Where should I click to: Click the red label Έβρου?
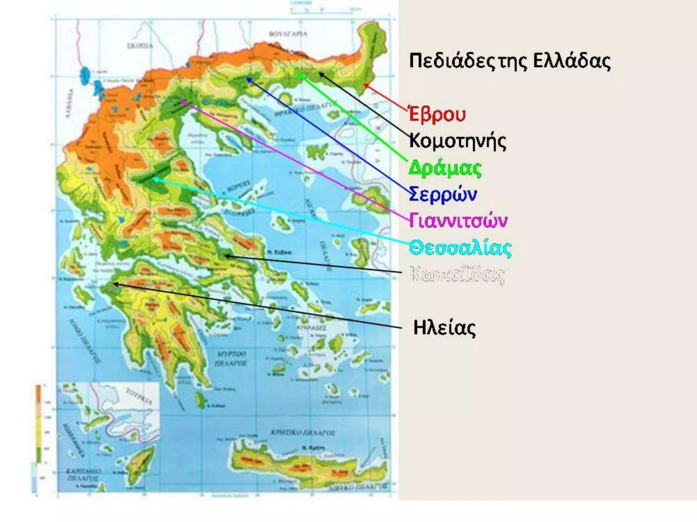coord(437,114)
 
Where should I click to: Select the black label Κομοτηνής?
coord(457,141)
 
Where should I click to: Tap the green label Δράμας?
coord(445,168)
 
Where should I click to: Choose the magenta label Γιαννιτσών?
coord(458,221)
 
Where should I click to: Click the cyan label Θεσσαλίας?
coord(460,248)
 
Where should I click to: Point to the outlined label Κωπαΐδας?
coord(457,274)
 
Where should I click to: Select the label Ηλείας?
coord(444,328)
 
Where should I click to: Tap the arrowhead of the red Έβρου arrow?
coord(364,85)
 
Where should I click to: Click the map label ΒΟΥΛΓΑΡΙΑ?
coord(288,34)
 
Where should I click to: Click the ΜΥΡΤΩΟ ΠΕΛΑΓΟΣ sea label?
coord(231,359)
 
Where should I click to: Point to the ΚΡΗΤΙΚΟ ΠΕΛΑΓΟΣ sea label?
coord(302,433)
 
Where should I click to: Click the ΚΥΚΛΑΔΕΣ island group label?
coord(311,328)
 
